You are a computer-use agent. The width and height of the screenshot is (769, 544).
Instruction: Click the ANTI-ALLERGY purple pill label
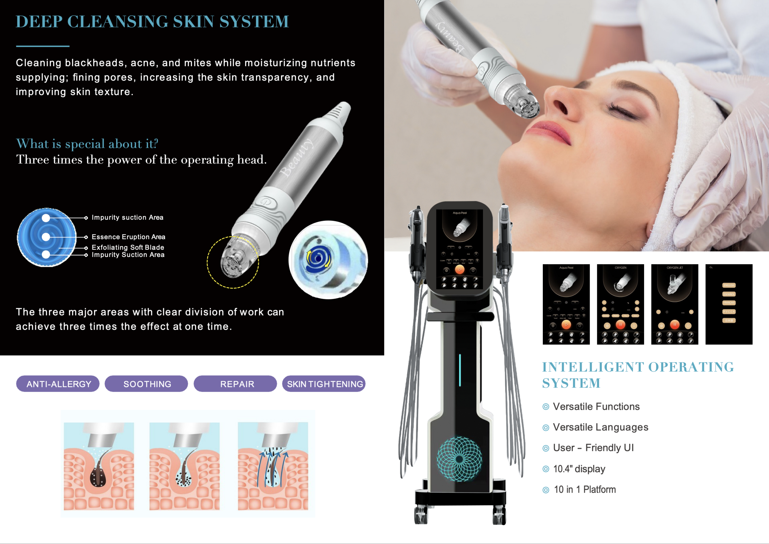click(x=58, y=384)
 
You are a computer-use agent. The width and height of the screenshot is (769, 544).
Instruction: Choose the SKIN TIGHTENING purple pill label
click(x=324, y=384)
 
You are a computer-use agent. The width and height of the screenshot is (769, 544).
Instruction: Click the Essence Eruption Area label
click(x=128, y=237)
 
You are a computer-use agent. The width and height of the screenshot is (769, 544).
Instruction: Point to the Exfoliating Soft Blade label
click(x=128, y=247)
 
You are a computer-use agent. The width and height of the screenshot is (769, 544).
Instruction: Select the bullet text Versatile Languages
click(x=600, y=427)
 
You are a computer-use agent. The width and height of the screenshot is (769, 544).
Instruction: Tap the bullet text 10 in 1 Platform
click(x=584, y=489)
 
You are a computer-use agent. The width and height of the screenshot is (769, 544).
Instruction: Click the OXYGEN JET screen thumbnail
click(x=674, y=304)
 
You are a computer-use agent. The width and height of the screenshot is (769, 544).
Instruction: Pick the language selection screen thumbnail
click(x=729, y=304)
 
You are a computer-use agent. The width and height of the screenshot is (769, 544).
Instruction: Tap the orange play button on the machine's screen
click(x=459, y=269)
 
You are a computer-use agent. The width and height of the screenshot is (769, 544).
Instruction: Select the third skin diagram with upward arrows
click(x=273, y=466)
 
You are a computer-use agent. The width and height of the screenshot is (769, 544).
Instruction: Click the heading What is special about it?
click(x=87, y=144)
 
